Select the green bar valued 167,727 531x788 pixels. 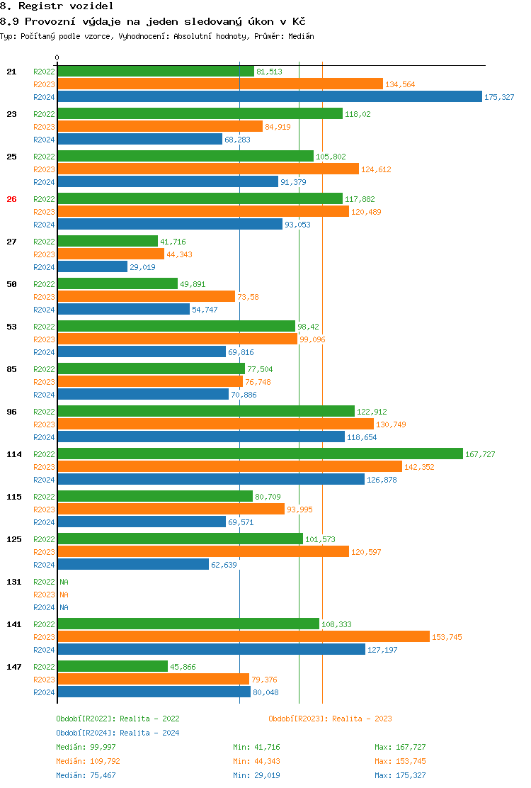click(260, 454)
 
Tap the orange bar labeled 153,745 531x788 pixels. click(243, 637)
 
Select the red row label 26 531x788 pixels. click(11, 199)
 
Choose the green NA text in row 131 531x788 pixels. click(64, 582)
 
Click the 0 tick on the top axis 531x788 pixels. click(57, 57)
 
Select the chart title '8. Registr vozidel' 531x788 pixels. click(57, 6)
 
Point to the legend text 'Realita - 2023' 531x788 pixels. click(362, 719)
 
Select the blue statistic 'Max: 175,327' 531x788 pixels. click(400, 775)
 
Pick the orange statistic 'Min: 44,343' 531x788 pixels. click(256, 761)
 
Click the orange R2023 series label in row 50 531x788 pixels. click(44, 297)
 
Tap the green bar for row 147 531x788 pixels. click(113, 667)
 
